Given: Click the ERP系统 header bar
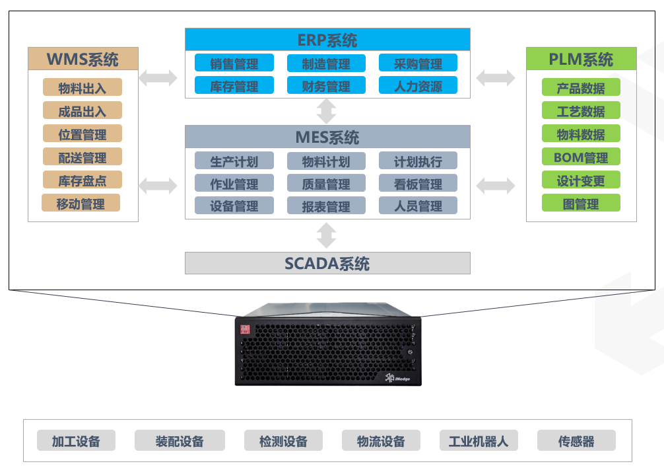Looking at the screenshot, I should point(327,40).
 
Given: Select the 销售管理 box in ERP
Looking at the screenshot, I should point(234,63).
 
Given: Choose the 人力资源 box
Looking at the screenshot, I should point(418,86).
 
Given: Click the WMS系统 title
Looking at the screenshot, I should point(83,59).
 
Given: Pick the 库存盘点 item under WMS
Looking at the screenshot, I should point(83,180).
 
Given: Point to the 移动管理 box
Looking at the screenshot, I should point(81,203).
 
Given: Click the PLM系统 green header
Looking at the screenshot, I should point(581,59).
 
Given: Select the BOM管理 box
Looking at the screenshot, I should point(581,157).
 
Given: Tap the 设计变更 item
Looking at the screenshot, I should point(581,180).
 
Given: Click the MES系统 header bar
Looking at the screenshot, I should point(327,137).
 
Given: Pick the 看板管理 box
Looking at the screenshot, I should point(418,184).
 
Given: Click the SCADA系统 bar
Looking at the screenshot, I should point(327,263).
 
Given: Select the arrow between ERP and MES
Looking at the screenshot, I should point(327,111).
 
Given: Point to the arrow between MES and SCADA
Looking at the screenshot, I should point(327,235).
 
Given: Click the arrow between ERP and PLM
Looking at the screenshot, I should point(496,77).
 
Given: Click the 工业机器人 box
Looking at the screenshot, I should point(479,441).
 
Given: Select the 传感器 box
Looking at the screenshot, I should point(576,441).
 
